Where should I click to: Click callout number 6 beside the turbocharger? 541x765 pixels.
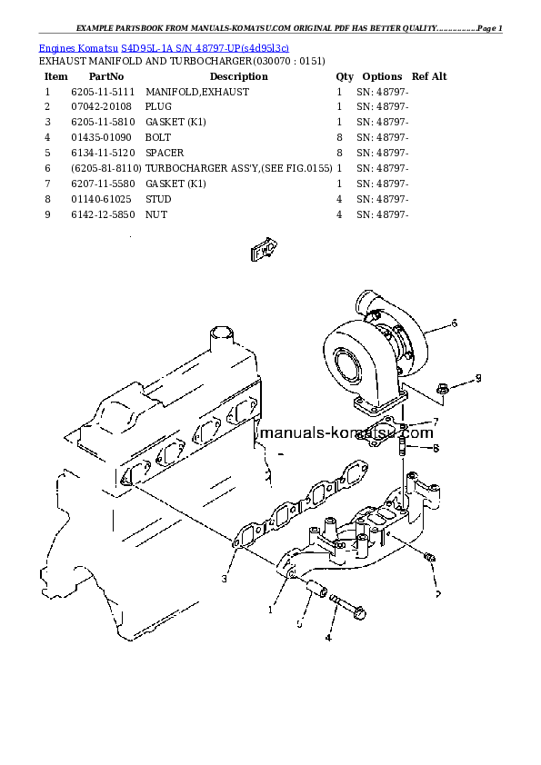point(455,323)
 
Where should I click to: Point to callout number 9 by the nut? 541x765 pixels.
point(478,378)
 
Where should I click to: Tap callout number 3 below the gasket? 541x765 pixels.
point(224,578)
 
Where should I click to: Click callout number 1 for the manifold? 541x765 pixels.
point(270,611)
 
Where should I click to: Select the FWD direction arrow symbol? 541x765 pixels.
point(264,246)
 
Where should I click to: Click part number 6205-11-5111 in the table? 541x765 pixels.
point(101,92)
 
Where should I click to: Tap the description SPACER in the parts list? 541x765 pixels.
point(165,153)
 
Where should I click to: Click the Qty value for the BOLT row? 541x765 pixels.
point(339,137)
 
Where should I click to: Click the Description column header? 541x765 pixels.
point(238,76)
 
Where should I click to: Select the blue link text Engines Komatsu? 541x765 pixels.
point(79,47)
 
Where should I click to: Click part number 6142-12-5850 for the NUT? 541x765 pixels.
point(101,214)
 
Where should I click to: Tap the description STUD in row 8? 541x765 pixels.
point(158,199)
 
